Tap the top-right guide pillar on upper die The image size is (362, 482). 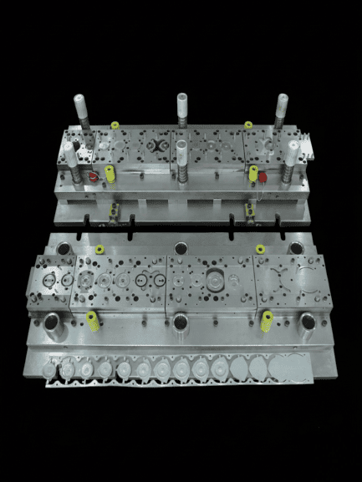(282, 109)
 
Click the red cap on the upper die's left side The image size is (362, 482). (94, 175)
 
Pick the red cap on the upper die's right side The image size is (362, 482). (263, 176)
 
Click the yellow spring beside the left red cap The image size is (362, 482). (110, 174)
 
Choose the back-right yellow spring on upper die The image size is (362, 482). (247, 125)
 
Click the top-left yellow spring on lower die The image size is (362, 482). (99, 248)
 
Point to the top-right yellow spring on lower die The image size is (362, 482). (262, 248)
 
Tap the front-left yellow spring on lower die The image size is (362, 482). (92, 319)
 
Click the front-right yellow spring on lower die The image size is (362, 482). (268, 320)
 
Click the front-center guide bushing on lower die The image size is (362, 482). (181, 319)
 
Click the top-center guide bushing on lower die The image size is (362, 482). (180, 247)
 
